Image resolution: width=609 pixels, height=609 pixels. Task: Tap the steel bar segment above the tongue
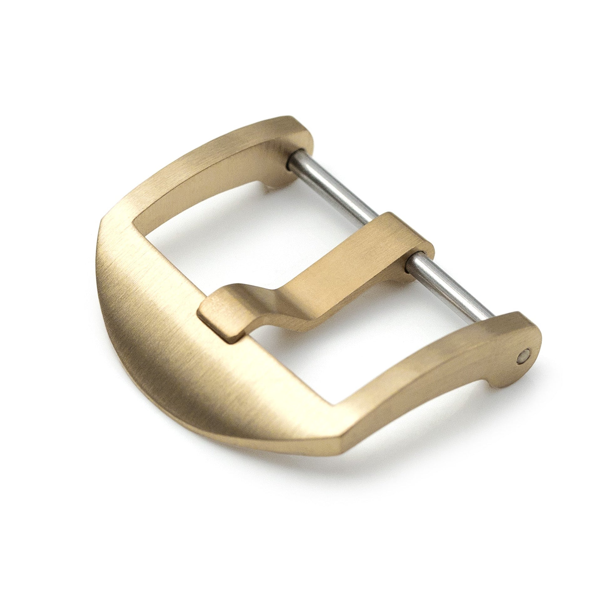334,189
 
